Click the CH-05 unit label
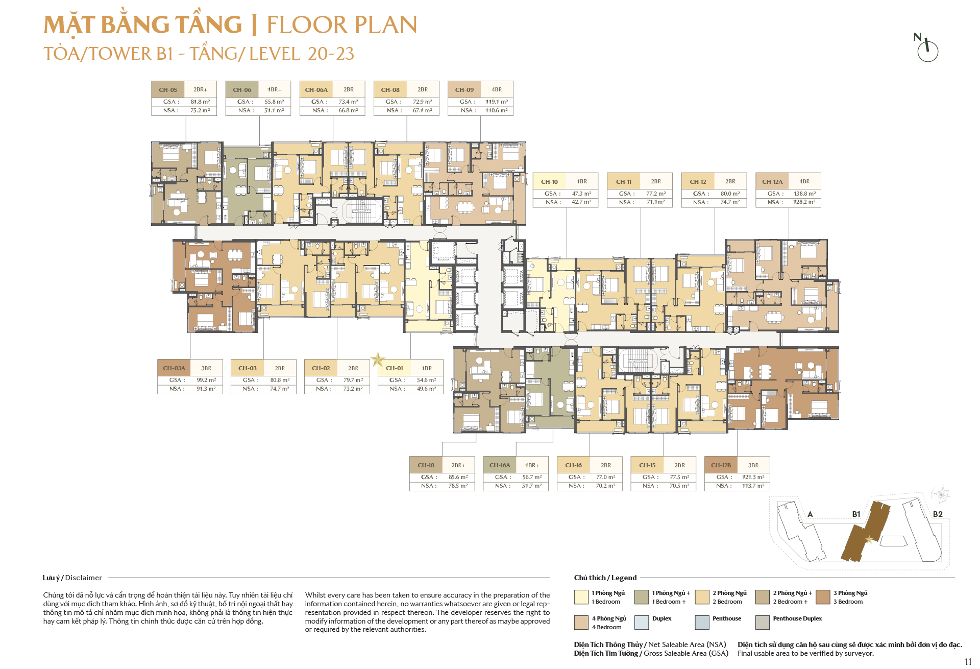(x=168, y=90)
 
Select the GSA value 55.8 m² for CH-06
(x=274, y=102)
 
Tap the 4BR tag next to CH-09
(x=497, y=89)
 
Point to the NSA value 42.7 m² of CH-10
(x=581, y=202)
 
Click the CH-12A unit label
(x=772, y=182)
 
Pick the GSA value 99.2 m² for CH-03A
(x=206, y=380)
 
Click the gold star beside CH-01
(x=378, y=360)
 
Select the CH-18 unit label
(x=426, y=465)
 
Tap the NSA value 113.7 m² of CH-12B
(x=753, y=486)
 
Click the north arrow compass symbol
(x=927, y=48)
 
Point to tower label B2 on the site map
(x=938, y=514)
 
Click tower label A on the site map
(x=810, y=514)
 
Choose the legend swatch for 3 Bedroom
(x=823, y=597)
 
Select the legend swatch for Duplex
(x=642, y=623)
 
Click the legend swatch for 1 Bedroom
(x=581, y=597)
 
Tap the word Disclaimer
(x=84, y=578)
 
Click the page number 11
(x=968, y=662)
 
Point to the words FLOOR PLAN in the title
(x=342, y=25)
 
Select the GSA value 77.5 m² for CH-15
(x=679, y=477)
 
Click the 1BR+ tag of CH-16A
(x=532, y=465)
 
